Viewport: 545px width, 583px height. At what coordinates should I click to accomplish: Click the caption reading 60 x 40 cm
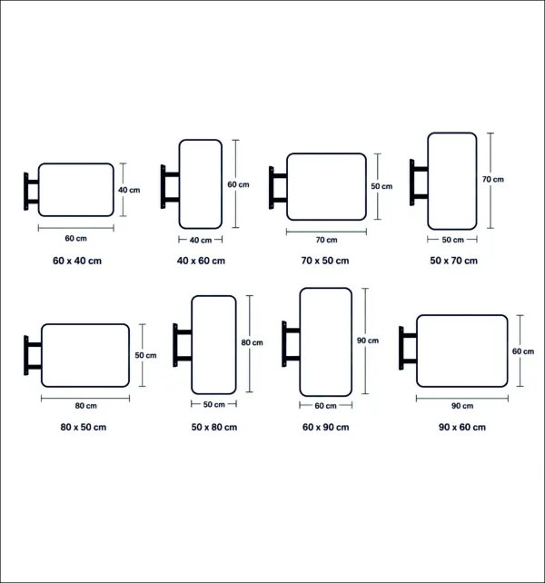[77, 261]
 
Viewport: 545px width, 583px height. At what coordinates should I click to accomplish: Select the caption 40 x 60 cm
[201, 261]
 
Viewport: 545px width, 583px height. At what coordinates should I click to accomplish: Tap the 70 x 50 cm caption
[325, 261]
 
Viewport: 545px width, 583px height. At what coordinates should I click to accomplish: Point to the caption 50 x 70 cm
[454, 261]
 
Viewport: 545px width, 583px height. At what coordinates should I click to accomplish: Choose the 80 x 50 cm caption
[84, 427]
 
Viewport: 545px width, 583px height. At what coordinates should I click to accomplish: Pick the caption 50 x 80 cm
[214, 427]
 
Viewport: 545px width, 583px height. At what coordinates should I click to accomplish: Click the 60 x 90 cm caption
[325, 427]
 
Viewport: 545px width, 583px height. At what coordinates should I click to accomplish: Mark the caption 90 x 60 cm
[462, 427]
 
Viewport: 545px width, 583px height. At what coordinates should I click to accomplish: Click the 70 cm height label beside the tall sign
[493, 179]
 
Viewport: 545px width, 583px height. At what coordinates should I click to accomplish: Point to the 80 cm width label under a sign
[86, 406]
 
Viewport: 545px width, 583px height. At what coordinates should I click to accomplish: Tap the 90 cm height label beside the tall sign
[368, 341]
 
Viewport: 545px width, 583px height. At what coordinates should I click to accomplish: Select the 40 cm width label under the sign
[201, 240]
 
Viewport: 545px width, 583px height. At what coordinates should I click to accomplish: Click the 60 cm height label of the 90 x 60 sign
[523, 351]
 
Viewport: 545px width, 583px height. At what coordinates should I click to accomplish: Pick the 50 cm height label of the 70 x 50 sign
[381, 186]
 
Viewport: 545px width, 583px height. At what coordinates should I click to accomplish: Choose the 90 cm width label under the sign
[462, 406]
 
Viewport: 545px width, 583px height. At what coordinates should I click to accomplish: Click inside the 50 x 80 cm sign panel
[213, 345]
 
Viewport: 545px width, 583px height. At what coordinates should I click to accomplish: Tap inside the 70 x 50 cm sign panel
[326, 187]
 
